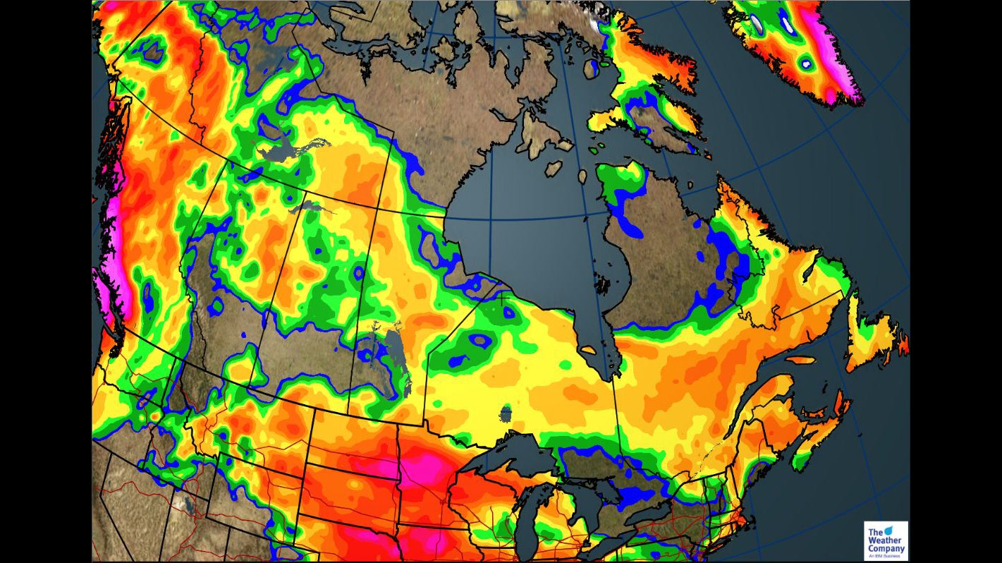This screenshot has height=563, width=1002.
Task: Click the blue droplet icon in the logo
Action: (888, 529)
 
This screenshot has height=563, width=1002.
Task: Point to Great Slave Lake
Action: (282, 152)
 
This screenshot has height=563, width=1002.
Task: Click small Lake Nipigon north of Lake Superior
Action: (505, 413)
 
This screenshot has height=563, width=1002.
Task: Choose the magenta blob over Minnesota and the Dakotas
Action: (416, 469)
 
